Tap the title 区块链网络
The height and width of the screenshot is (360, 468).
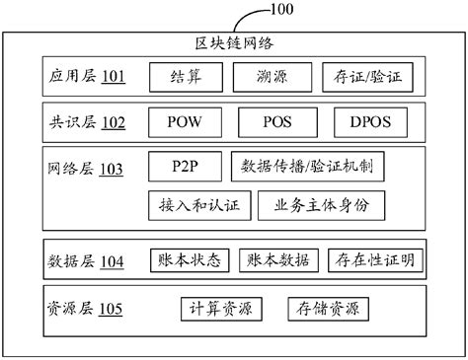tap(233, 42)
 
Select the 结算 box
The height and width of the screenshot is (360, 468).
tap(183, 76)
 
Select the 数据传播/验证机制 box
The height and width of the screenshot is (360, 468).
tap(306, 167)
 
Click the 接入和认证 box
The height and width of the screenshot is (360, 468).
tap(197, 205)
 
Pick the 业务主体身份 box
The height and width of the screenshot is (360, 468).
tap(321, 205)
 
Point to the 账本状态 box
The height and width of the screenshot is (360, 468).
tap(189, 260)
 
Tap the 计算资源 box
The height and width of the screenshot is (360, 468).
tap(222, 308)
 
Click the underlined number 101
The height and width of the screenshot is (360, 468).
tap(114, 77)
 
